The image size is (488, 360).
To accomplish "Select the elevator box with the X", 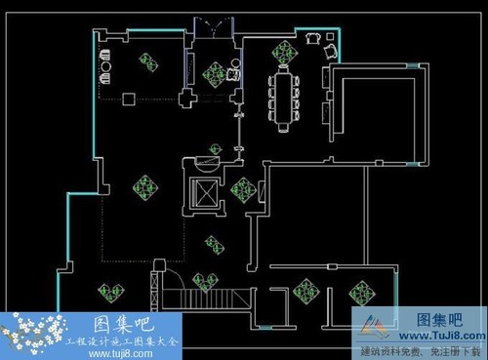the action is pos(206,192).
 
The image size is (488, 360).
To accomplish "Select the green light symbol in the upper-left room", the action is pos(148,63).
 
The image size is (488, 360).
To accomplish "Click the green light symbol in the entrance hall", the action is pos(214,72).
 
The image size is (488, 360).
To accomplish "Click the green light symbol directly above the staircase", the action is pos(204,282).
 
